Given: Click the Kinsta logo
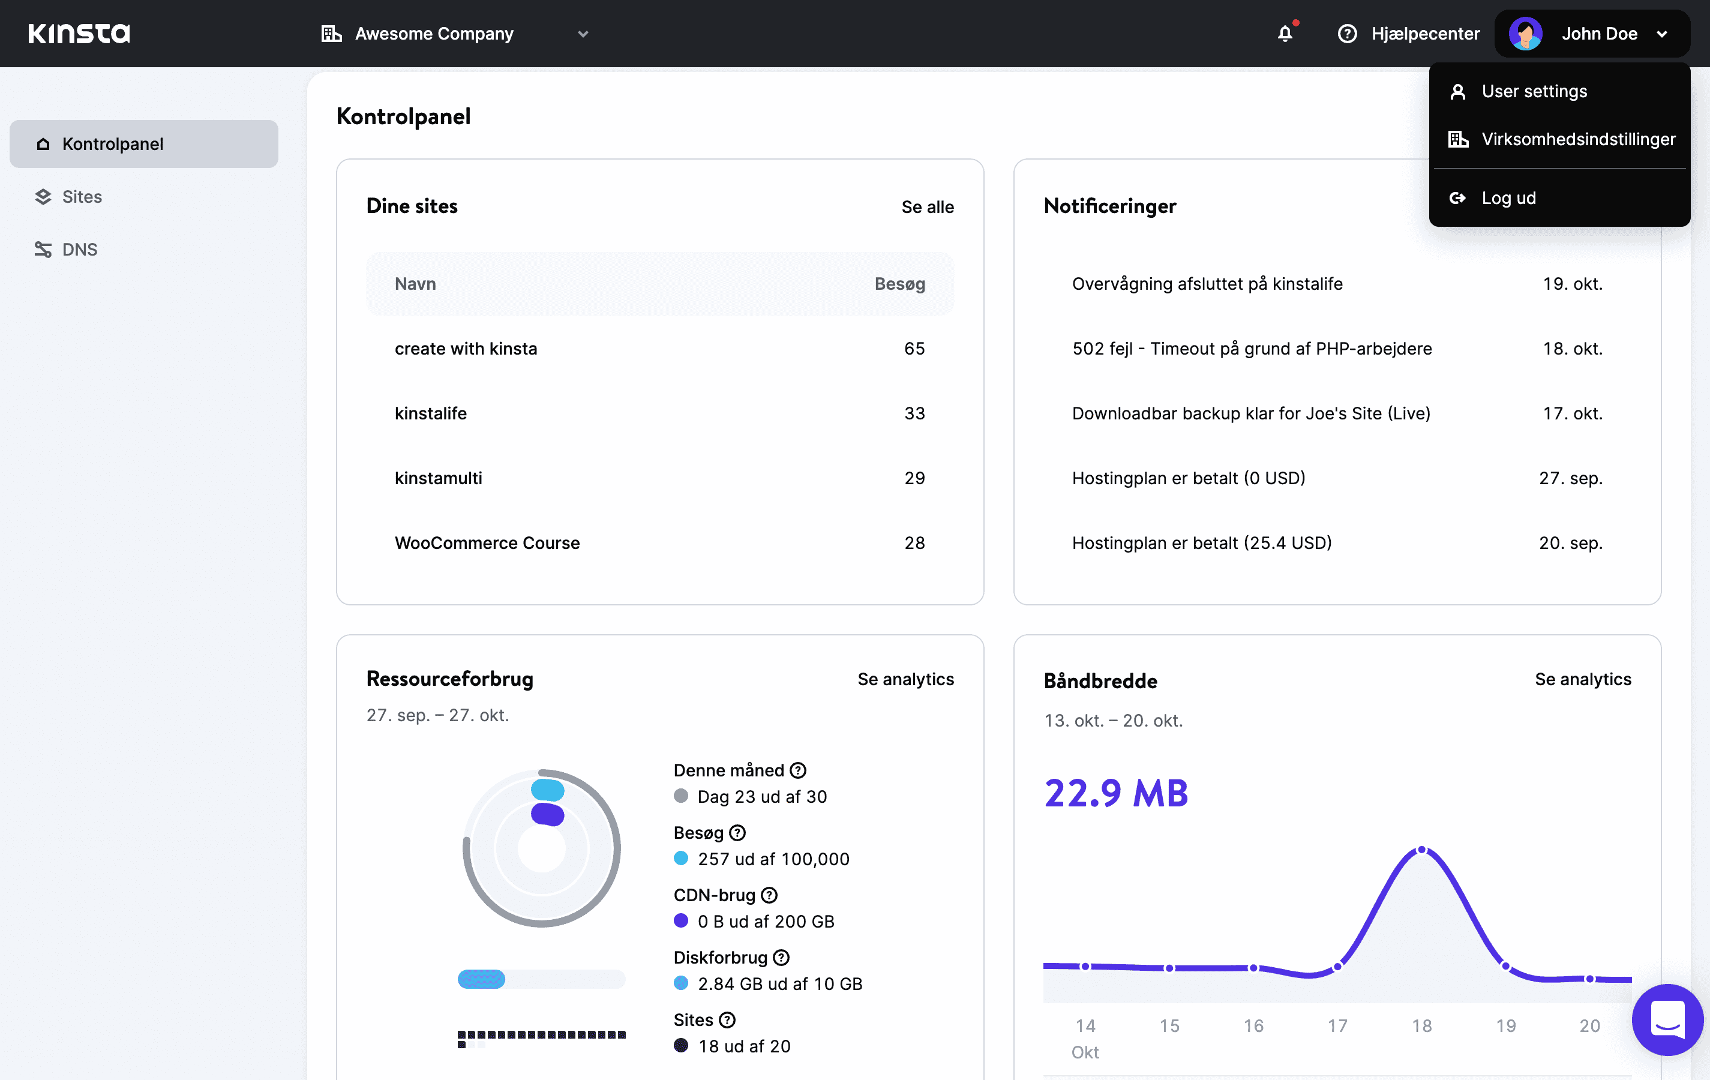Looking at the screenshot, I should (x=79, y=34).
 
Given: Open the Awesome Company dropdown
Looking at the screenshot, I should (x=454, y=34).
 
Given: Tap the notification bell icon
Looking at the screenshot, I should (x=1285, y=34).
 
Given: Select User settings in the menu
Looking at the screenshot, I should (x=1534, y=92).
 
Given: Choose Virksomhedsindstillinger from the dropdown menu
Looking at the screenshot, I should (x=1578, y=139).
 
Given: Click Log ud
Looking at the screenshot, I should (x=1508, y=198).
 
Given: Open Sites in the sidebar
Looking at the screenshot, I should (x=82, y=197).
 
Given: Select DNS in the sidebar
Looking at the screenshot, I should (x=80, y=249).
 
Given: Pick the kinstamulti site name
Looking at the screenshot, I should (x=438, y=478).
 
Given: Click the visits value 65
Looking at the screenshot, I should (x=914, y=349).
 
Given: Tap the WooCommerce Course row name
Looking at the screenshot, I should (x=487, y=543).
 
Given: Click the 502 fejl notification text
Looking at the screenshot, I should (x=1251, y=349).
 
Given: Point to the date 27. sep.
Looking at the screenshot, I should (x=1570, y=478).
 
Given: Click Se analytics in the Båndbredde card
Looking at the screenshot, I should (x=1582, y=680).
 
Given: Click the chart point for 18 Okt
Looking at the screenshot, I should (x=1421, y=850).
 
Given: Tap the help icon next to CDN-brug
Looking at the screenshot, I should (x=769, y=895).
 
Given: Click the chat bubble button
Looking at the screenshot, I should (x=1667, y=1019).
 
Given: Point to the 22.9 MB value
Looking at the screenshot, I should (x=1115, y=793).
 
